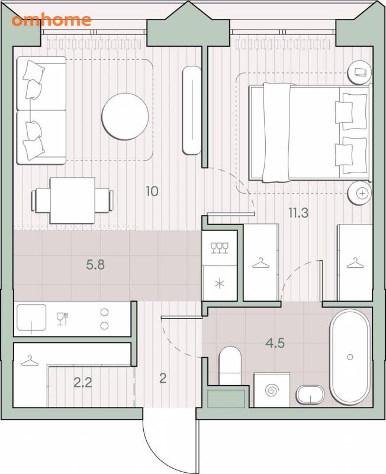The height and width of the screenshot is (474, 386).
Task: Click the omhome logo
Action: click(x=52, y=20)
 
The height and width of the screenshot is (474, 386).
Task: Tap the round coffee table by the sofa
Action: click(x=125, y=116)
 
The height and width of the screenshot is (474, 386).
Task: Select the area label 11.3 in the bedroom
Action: click(x=298, y=213)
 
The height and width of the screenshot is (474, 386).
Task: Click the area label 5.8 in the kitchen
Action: click(x=95, y=265)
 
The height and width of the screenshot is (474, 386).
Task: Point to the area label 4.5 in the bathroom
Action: click(x=275, y=343)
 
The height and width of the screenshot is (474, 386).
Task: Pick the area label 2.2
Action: click(x=83, y=383)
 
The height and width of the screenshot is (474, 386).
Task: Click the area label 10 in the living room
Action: click(x=152, y=191)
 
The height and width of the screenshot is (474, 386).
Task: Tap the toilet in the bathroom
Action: click(x=230, y=366)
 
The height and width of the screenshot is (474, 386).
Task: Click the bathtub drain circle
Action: click(x=350, y=357)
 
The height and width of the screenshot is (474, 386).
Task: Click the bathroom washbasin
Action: click(x=310, y=395)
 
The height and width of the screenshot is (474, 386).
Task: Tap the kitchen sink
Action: click(x=31, y=318)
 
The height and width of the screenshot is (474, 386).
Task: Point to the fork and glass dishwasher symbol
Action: click(x=62, y=319)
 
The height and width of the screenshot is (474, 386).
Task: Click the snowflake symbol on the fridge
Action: click(x=220, y=284)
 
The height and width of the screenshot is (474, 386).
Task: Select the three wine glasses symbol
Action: click(x=220, y=248)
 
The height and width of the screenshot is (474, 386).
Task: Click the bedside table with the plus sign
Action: click(x=360, y=193)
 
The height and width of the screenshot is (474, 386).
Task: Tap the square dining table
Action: click(x=72, y=200)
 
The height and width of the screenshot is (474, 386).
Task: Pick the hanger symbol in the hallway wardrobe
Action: click(x=30, y=361)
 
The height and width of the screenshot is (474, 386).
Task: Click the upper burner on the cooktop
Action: click(x=105, y=312)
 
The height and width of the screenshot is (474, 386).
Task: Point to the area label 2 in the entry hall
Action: click(x=163, y=378)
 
